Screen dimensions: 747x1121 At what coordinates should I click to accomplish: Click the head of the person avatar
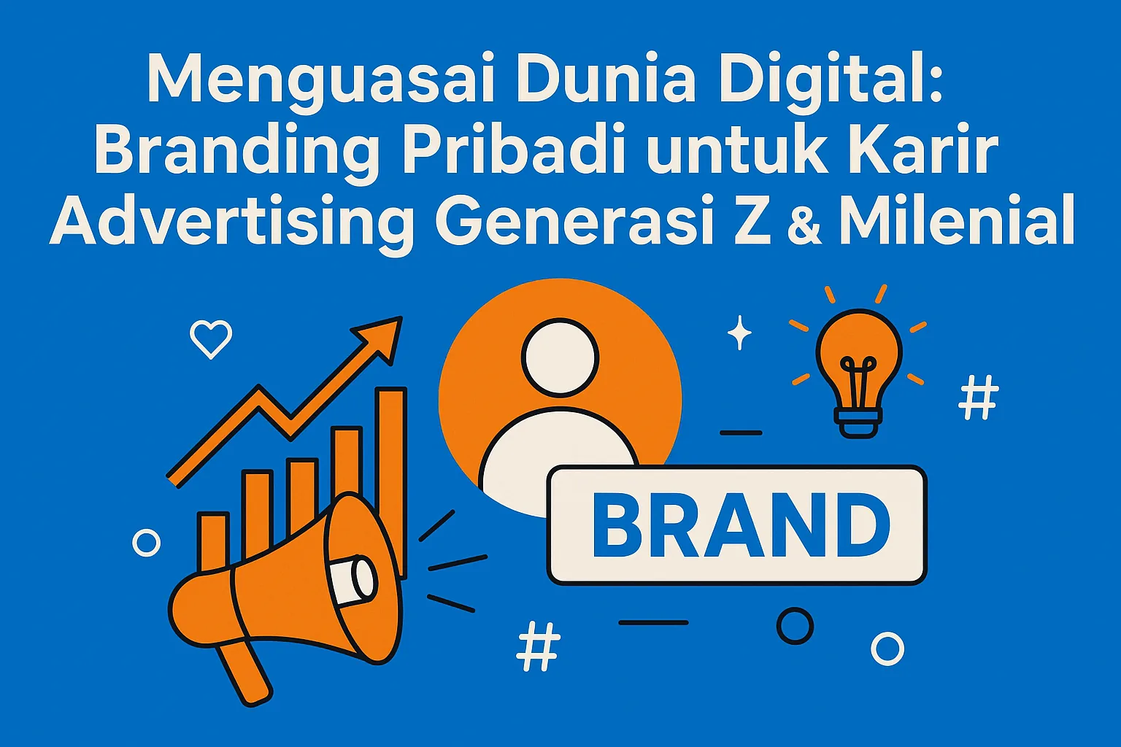pos(560,357)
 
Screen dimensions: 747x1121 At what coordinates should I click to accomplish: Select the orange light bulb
pos(859,365)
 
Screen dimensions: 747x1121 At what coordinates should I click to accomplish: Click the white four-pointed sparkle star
pos(739,333)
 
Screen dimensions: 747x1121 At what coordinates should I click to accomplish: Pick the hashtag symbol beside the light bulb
pos(978,398)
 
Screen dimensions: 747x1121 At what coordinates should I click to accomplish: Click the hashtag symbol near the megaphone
pos(539,646)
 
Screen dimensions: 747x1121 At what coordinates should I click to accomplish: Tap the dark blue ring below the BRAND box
pos(795,625)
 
